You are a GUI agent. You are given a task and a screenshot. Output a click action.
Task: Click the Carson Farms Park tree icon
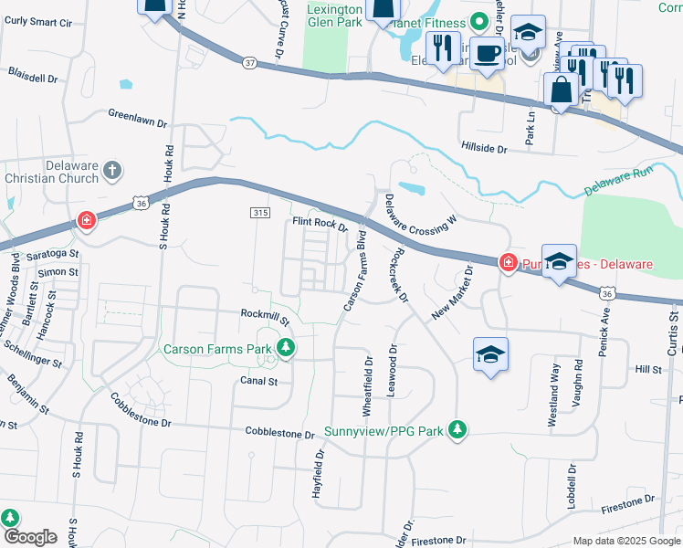287,348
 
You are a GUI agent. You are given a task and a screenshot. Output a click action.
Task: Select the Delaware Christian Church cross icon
111,170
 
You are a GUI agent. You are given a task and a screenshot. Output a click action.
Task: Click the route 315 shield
260,212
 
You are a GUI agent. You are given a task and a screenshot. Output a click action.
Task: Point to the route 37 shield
251,63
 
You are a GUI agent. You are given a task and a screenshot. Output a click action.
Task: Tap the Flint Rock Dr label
320,224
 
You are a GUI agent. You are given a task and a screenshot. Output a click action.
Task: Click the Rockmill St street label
265,317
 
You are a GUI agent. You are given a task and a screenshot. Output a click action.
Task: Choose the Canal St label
258,381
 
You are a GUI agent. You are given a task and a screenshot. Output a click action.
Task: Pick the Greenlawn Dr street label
138,119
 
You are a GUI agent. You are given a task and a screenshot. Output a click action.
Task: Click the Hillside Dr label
484,148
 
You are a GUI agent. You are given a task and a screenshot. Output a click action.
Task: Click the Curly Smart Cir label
39,21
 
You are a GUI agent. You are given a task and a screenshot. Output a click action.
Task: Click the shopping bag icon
560,90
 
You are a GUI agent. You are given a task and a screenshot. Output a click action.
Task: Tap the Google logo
29,537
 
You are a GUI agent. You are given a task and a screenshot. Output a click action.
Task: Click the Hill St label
648,369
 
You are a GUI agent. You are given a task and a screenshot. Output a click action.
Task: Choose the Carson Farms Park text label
219,349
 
